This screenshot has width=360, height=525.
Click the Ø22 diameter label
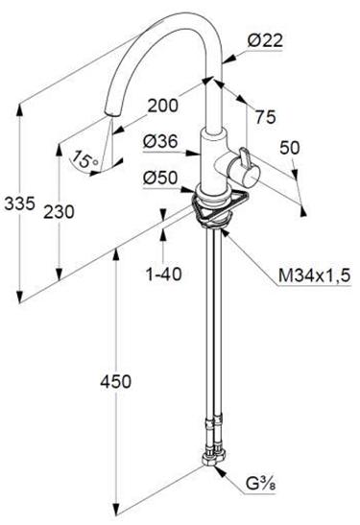265,41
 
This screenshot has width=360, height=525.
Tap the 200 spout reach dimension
163,106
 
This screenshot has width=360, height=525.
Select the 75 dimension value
266,117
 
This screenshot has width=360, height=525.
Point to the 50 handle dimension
290,148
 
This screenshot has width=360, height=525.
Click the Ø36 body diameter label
159,142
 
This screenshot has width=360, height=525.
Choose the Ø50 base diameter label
159,178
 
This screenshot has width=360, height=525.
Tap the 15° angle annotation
85,159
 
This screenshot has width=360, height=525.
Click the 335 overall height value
19,203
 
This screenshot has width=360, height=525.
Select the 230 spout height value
59,212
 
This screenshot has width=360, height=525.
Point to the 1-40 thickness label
164,274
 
